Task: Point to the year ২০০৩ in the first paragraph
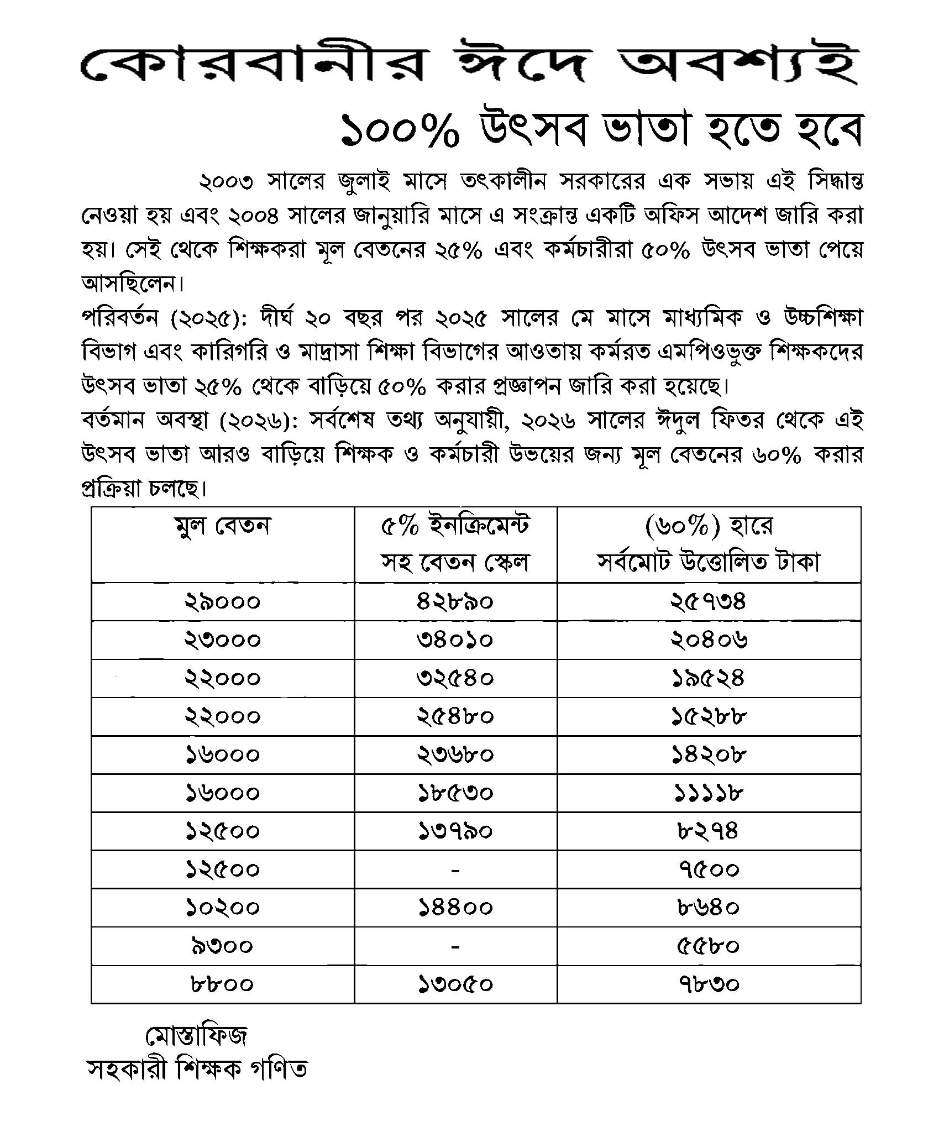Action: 226,181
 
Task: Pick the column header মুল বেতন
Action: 222,526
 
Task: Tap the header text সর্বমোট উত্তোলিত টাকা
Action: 709,562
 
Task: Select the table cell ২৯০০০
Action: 222,601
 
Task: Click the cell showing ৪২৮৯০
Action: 455,601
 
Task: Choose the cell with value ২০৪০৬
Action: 709,640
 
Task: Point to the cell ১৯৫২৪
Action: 709,678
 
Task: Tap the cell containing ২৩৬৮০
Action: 455,754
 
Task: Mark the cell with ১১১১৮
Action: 709,793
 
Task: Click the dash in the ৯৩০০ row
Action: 455,947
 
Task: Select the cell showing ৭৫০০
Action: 709,870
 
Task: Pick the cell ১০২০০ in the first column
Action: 222,908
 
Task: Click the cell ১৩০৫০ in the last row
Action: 455,984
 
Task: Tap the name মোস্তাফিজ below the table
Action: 196,1037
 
